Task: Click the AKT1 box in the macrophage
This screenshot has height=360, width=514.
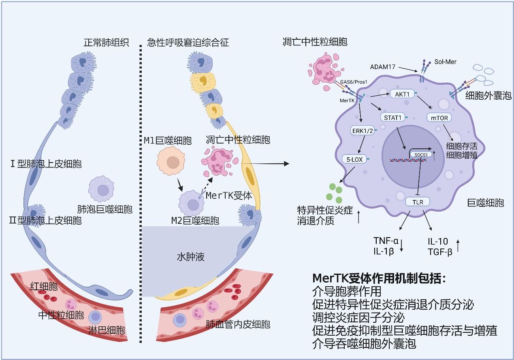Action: click(x=402, y=94)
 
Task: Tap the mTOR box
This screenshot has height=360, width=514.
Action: click(x=439, y=118)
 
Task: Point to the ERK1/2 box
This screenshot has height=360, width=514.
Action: click(x=363, y=131)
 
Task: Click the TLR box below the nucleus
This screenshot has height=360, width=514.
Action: click(x=417, y=201)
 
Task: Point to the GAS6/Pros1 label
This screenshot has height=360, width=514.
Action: click(x=353, y=81)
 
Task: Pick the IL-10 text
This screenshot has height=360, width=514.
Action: click(x=437, y=242)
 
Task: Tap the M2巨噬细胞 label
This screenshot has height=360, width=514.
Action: click(x=194, y=221)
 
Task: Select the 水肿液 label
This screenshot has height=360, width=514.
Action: click(x=190, y=257)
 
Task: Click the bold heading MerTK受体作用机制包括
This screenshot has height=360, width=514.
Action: click(x=379, y=279)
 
